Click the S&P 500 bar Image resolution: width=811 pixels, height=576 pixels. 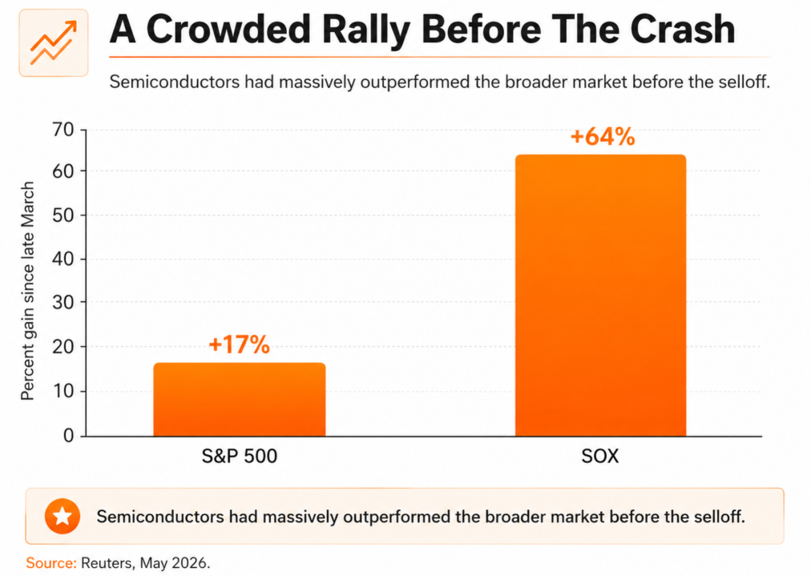click(x=240, y=399)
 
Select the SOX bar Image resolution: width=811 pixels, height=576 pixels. click(x=600, y=296)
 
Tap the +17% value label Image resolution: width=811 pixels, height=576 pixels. click(x=239, y=344)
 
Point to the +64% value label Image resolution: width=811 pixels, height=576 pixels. click(x=603, y=136)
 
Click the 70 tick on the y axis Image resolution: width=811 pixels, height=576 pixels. click(x=63, y=129)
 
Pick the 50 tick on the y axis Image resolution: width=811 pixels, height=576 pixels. click(x=63, y=215)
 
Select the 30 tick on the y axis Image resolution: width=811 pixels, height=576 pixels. click(x=63, y=302)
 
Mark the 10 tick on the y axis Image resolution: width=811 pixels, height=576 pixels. click(x=63, y=391)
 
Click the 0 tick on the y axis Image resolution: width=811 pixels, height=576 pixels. click(x=68, y=435)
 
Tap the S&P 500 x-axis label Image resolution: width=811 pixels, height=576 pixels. click(x=240, y=456)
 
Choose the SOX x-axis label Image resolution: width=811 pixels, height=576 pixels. click(x=600, y=456)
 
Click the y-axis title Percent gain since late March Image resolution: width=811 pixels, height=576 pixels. click(x=27, y=291)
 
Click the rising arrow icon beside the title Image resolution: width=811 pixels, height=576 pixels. click(x=53, y=43)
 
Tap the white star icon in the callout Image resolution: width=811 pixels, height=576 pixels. click(x=63, y=516)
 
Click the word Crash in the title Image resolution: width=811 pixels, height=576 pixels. click(x=683, y=29)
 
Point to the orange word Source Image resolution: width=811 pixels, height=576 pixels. click(x=51, y=562)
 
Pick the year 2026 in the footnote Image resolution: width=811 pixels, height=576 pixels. click(x=191, y=562)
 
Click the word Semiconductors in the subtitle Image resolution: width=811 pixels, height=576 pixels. click(x=175, y=82)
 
